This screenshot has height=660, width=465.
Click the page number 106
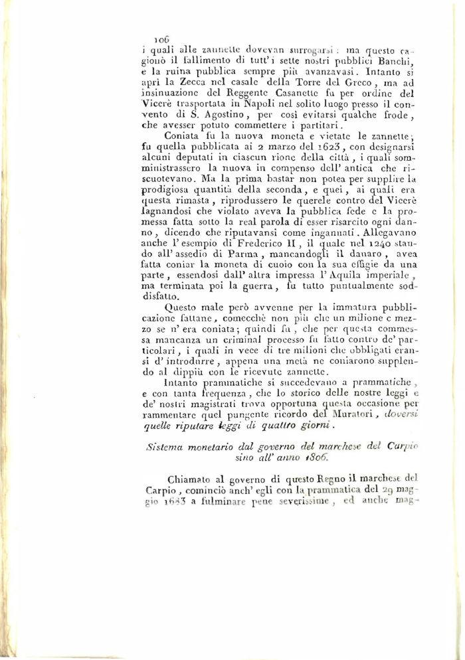(x=161, y=39)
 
